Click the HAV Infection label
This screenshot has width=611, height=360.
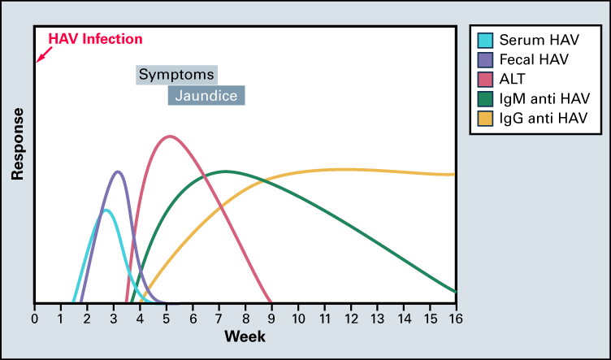pyautogui.click(x=96, y=38)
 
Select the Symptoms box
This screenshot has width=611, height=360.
pyautogui.click(x=176, y=75)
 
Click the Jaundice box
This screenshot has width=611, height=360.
pyautogui.click(x=206, y=95)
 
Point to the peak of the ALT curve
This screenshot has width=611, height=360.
pyautogui.click(x=169, y=136)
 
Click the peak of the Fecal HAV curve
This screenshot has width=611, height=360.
pyautogui.click(x=119, y=171)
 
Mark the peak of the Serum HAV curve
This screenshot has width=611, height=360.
pyautogui.click(x=106, y=210)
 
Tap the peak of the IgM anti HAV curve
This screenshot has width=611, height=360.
pyautogui.click(x=225, y=171)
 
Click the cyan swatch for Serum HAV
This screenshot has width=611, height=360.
pyautogui.click(x=485, y=39)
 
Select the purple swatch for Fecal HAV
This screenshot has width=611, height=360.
pyautogui.click(x=485, y=59)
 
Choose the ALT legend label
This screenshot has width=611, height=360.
pyautogui.click(x=514, y=79)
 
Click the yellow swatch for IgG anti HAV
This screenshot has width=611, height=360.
pyautogui.click(x=485, y=119)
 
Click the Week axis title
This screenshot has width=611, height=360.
pyautogui.click(x=245, y=336)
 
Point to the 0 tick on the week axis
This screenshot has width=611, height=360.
pyautogui.click(x=35, y=318)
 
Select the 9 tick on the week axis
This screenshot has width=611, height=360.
pyautogui.click(x=272, y=318)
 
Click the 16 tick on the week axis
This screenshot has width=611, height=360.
pyautogui.click(x=456, y=318)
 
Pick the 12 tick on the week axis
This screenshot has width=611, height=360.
pyautogui.click(x=351, y=318)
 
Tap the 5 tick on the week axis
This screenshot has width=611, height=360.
pyautogui.click(x=167, y=318)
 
